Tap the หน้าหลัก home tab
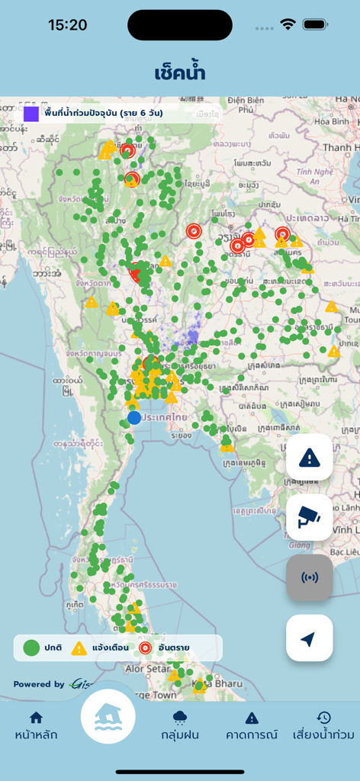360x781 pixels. point(36,725)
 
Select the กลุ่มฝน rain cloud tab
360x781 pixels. point(180,725)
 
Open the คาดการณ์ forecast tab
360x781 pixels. point(251,725)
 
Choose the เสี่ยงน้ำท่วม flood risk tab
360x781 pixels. point(323,725)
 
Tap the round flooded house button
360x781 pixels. point(108,717)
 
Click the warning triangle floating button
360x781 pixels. point(309,458)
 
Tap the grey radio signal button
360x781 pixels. point(309,577)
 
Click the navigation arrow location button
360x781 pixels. point(309,638)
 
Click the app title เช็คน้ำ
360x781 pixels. point(180,73)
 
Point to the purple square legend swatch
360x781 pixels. point(31,114)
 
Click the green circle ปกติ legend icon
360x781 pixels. point(31,648)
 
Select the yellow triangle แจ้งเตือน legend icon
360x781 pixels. point(79,648)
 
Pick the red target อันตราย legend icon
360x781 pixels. point(146,648)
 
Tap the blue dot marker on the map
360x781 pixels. point(134,417)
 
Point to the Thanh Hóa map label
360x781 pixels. point(339,147)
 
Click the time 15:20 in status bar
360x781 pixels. point(67,25)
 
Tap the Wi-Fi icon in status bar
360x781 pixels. point(288,24)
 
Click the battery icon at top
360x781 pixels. point(315,24)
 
